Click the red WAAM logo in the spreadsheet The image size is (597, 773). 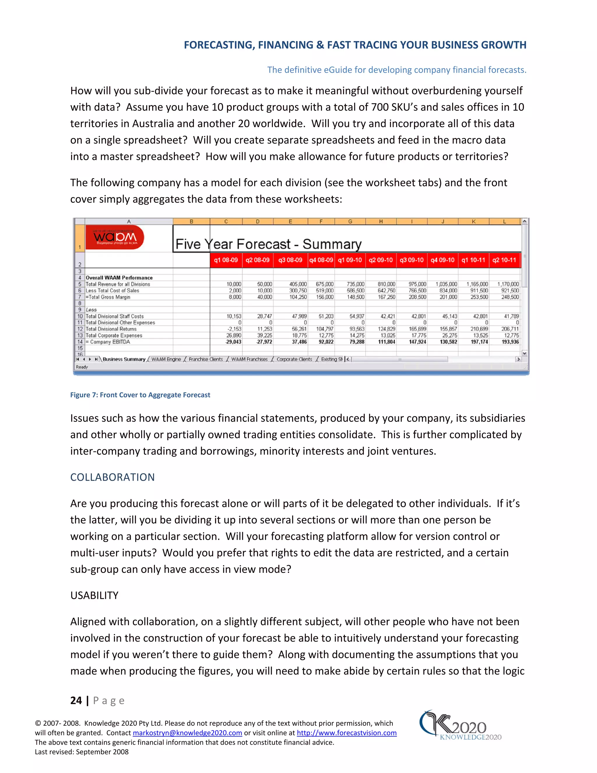click(x=115, y=237)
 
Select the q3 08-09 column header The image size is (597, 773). click(x=290, y=260)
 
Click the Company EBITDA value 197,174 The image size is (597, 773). click(x=479, y=342)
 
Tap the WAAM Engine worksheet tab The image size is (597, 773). click(x=166, y=359)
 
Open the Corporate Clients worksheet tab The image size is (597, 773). click(x=294, y=359)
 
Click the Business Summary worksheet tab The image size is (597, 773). click(x=124, y=359)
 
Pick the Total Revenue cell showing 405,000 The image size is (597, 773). click(x=298, y=284)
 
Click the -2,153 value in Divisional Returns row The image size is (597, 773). click(x=234, y=329)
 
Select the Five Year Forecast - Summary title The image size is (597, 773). click(x=268, y=244)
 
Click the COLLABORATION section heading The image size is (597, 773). click(x=113, y=477)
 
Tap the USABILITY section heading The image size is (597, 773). click(x=94, y=595)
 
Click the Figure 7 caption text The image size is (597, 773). click(x=140, y=395)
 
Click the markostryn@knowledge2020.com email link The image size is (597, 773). click(x=187, y=733)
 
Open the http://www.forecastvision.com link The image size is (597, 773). click(x=346, y=733)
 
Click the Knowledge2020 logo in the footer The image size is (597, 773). click(x=460, y=725)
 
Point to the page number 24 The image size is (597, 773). click(x=76, y=700)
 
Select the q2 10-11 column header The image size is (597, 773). click(x=504, y=260)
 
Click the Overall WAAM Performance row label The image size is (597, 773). click(x=119, y=278)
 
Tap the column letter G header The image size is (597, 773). click(x=350, y=222)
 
